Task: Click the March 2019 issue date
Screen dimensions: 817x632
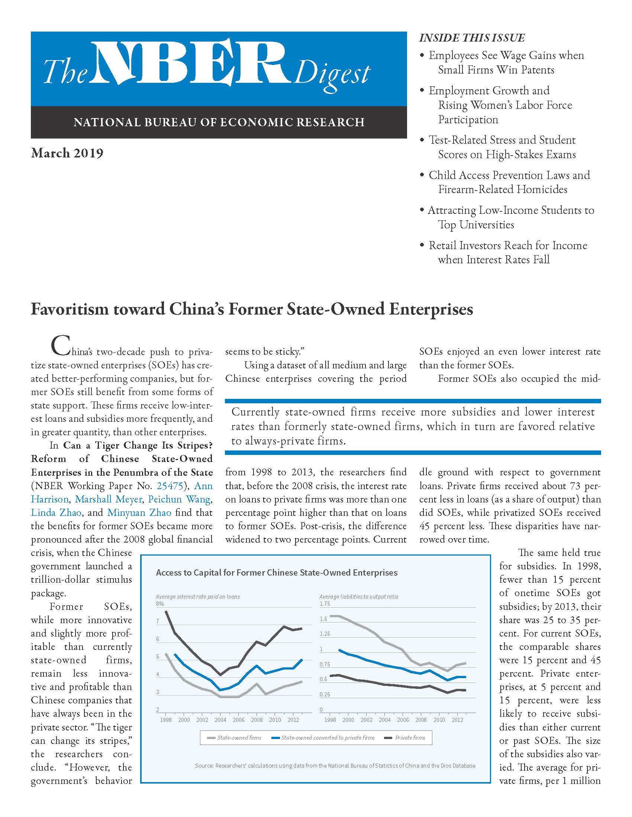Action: tap(67, 153)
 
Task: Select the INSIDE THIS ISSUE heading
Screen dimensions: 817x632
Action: tap(472, 38)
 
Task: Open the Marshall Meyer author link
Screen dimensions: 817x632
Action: tap(108, 499)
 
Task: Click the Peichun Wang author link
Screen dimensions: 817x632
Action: tap(179, 499)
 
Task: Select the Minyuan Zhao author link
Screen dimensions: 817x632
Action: tap(139, 512)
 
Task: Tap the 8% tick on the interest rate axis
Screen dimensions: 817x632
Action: tap(160, 603)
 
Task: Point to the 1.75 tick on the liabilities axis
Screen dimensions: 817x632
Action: tap(325, 603)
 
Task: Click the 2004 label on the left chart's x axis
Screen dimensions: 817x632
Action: tap(220, 720)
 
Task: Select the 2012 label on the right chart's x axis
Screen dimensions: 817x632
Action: tap(457, 720)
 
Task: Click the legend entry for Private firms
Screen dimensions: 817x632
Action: tap(406, 738)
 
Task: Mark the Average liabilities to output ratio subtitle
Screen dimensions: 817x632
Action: tap(358, 597)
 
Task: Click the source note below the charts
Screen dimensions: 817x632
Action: tap(335, 766)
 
